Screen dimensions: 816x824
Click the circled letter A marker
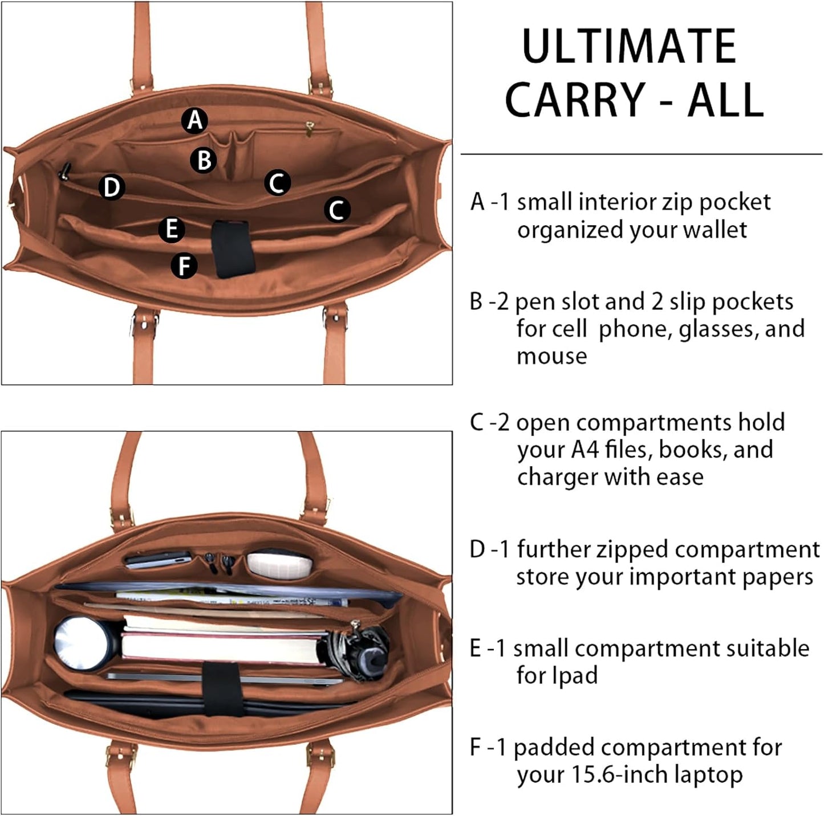coord(194,120)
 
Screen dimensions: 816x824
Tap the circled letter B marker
coord(204,160)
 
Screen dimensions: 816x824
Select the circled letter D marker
coord(112,187)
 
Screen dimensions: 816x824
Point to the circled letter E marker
coord(171,229)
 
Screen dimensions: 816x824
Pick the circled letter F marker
coord(184,266)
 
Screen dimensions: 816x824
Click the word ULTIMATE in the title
coord(629,47)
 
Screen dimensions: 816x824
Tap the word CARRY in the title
coord(575,100)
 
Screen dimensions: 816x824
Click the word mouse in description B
coord(551,356)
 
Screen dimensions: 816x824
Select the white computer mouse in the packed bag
coord(280,562)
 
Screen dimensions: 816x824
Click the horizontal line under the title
coord(641,154)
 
